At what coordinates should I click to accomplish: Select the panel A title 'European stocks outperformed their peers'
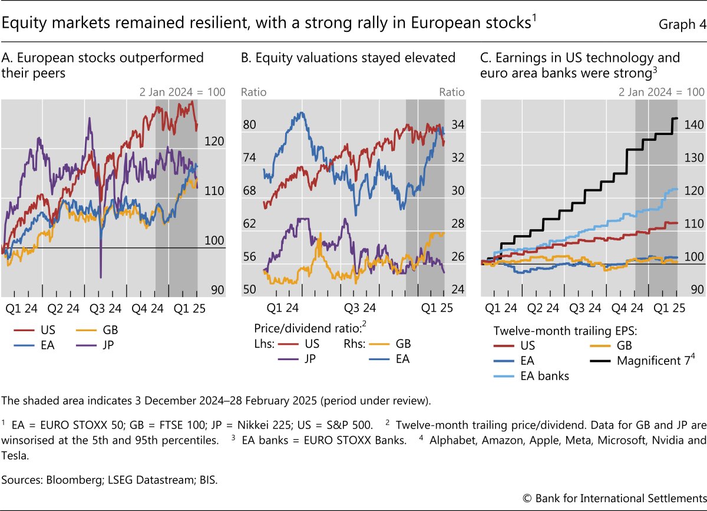click(103, 65)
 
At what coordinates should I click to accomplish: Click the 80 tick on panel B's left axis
click(250, 125)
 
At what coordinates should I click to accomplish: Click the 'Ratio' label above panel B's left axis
click(255, 92)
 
